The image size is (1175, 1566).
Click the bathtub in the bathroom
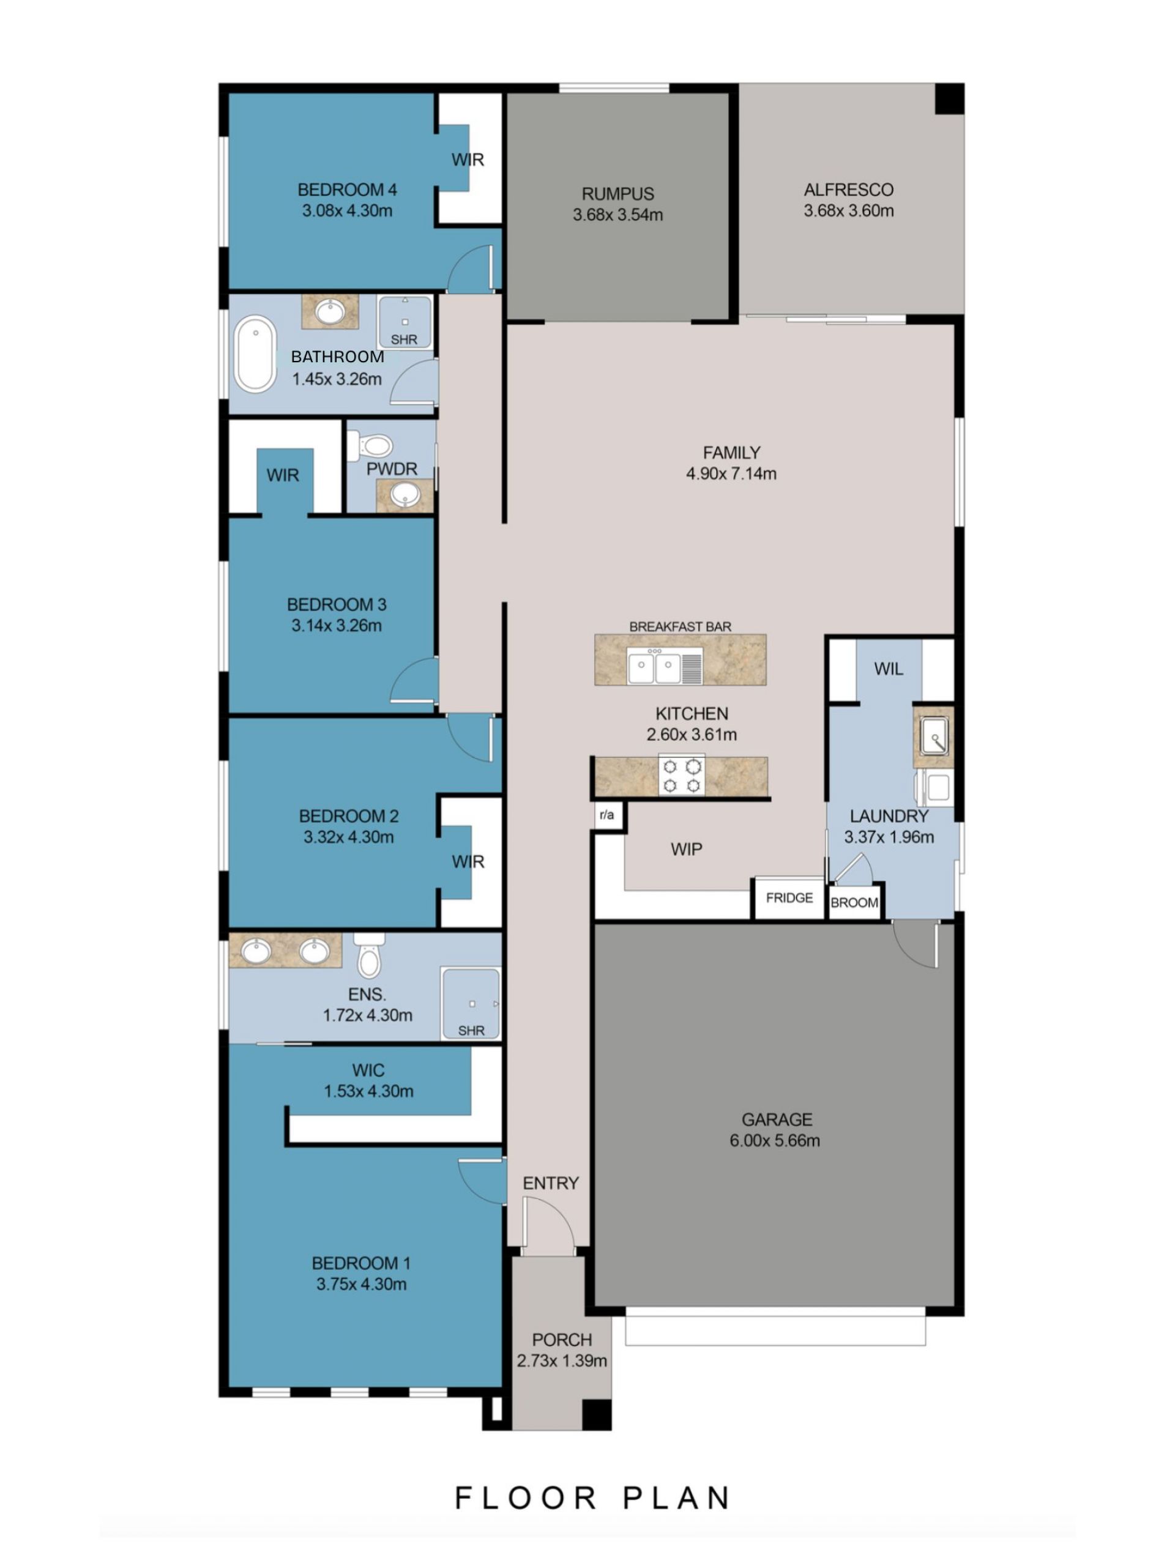tap(255, 354)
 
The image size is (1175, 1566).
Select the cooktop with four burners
tap(681, 775)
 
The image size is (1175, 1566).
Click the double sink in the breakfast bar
tap(654, 666)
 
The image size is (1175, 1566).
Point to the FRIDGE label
tap(789, 897)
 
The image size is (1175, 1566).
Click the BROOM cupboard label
tap(854, 903)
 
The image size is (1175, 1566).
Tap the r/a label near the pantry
tap(607, 815)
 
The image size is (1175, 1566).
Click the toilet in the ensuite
tap(369, 955)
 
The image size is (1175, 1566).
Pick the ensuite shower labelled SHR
tap(470, 1004)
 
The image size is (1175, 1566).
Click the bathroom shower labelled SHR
tap(405, 322)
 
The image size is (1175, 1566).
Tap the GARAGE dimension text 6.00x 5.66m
tap(775, 1140)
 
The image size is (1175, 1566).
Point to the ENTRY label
tap(550, 1183)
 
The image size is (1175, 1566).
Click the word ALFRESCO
tap(848, 190)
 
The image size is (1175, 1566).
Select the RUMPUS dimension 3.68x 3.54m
tap(617, 215)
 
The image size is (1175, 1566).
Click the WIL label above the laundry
tap(888, 669)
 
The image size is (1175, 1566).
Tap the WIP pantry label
tap(686, 850)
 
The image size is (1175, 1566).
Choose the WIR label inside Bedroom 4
tap(468, 160)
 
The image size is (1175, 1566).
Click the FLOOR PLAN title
tap(592, 1498)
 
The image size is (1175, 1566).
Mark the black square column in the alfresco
tap(949, 98)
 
